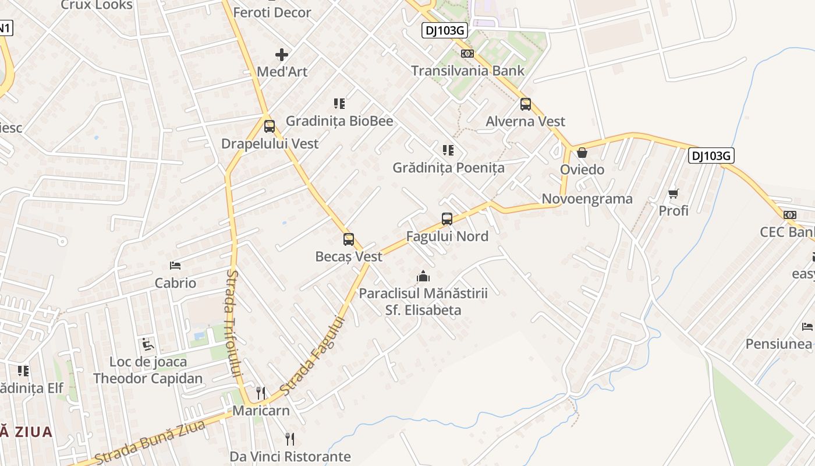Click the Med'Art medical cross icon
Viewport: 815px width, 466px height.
pos(282,55)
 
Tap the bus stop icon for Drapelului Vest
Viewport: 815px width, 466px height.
pos(269,126)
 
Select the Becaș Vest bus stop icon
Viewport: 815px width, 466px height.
pos(349,239)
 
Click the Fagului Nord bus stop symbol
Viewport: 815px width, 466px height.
pos(447,219)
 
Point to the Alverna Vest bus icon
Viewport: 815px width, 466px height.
pos(526,104)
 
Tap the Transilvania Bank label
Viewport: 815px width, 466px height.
pos(467,71)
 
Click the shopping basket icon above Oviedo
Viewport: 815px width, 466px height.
pos(582,153)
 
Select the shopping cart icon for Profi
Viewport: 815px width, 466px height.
pos(674,193)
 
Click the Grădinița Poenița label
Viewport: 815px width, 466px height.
pos(448,168)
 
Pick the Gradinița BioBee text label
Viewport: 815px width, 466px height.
pos(339,121)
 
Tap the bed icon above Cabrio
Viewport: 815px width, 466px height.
pos(175,266)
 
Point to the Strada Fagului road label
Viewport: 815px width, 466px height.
pos(313,355)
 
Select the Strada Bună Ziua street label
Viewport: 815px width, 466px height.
pos(150,442)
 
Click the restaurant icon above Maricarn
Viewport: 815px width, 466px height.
pos(261,393)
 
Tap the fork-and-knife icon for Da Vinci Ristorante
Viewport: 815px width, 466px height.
pos(290,439)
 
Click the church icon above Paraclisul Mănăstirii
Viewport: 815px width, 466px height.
pos(423,276)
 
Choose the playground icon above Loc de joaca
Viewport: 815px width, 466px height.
pos(148,345)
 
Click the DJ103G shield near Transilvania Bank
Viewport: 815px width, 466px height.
pos(445,31)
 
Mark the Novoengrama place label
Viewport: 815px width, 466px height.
pos(587,199)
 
